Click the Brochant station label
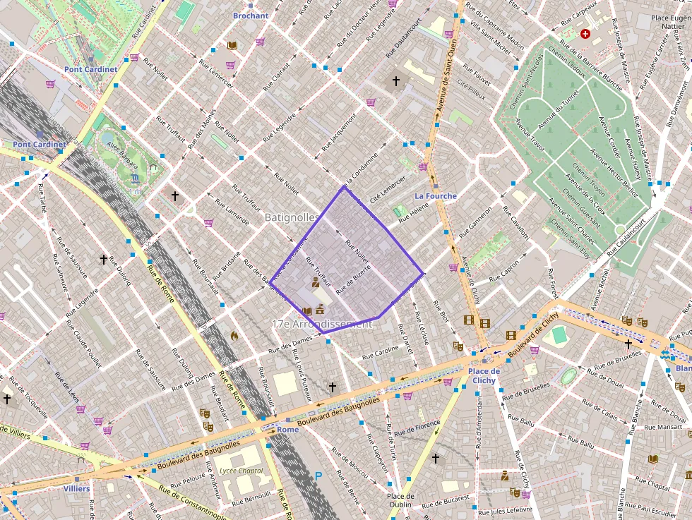tap(251, 16)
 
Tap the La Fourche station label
tap(435, 196)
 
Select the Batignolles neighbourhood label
tap(291, 219)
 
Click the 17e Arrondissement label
tap(321, 324)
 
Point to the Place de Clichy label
tap(484, 376)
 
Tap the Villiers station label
tap(76, 488)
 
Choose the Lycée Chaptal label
tap(241, 471)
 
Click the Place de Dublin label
tap(400, 501)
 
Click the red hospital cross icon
tap(585, 34)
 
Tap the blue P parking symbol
tap(318, 476)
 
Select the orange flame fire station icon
tap(234, 335)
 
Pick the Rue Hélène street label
tap(413, 212)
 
